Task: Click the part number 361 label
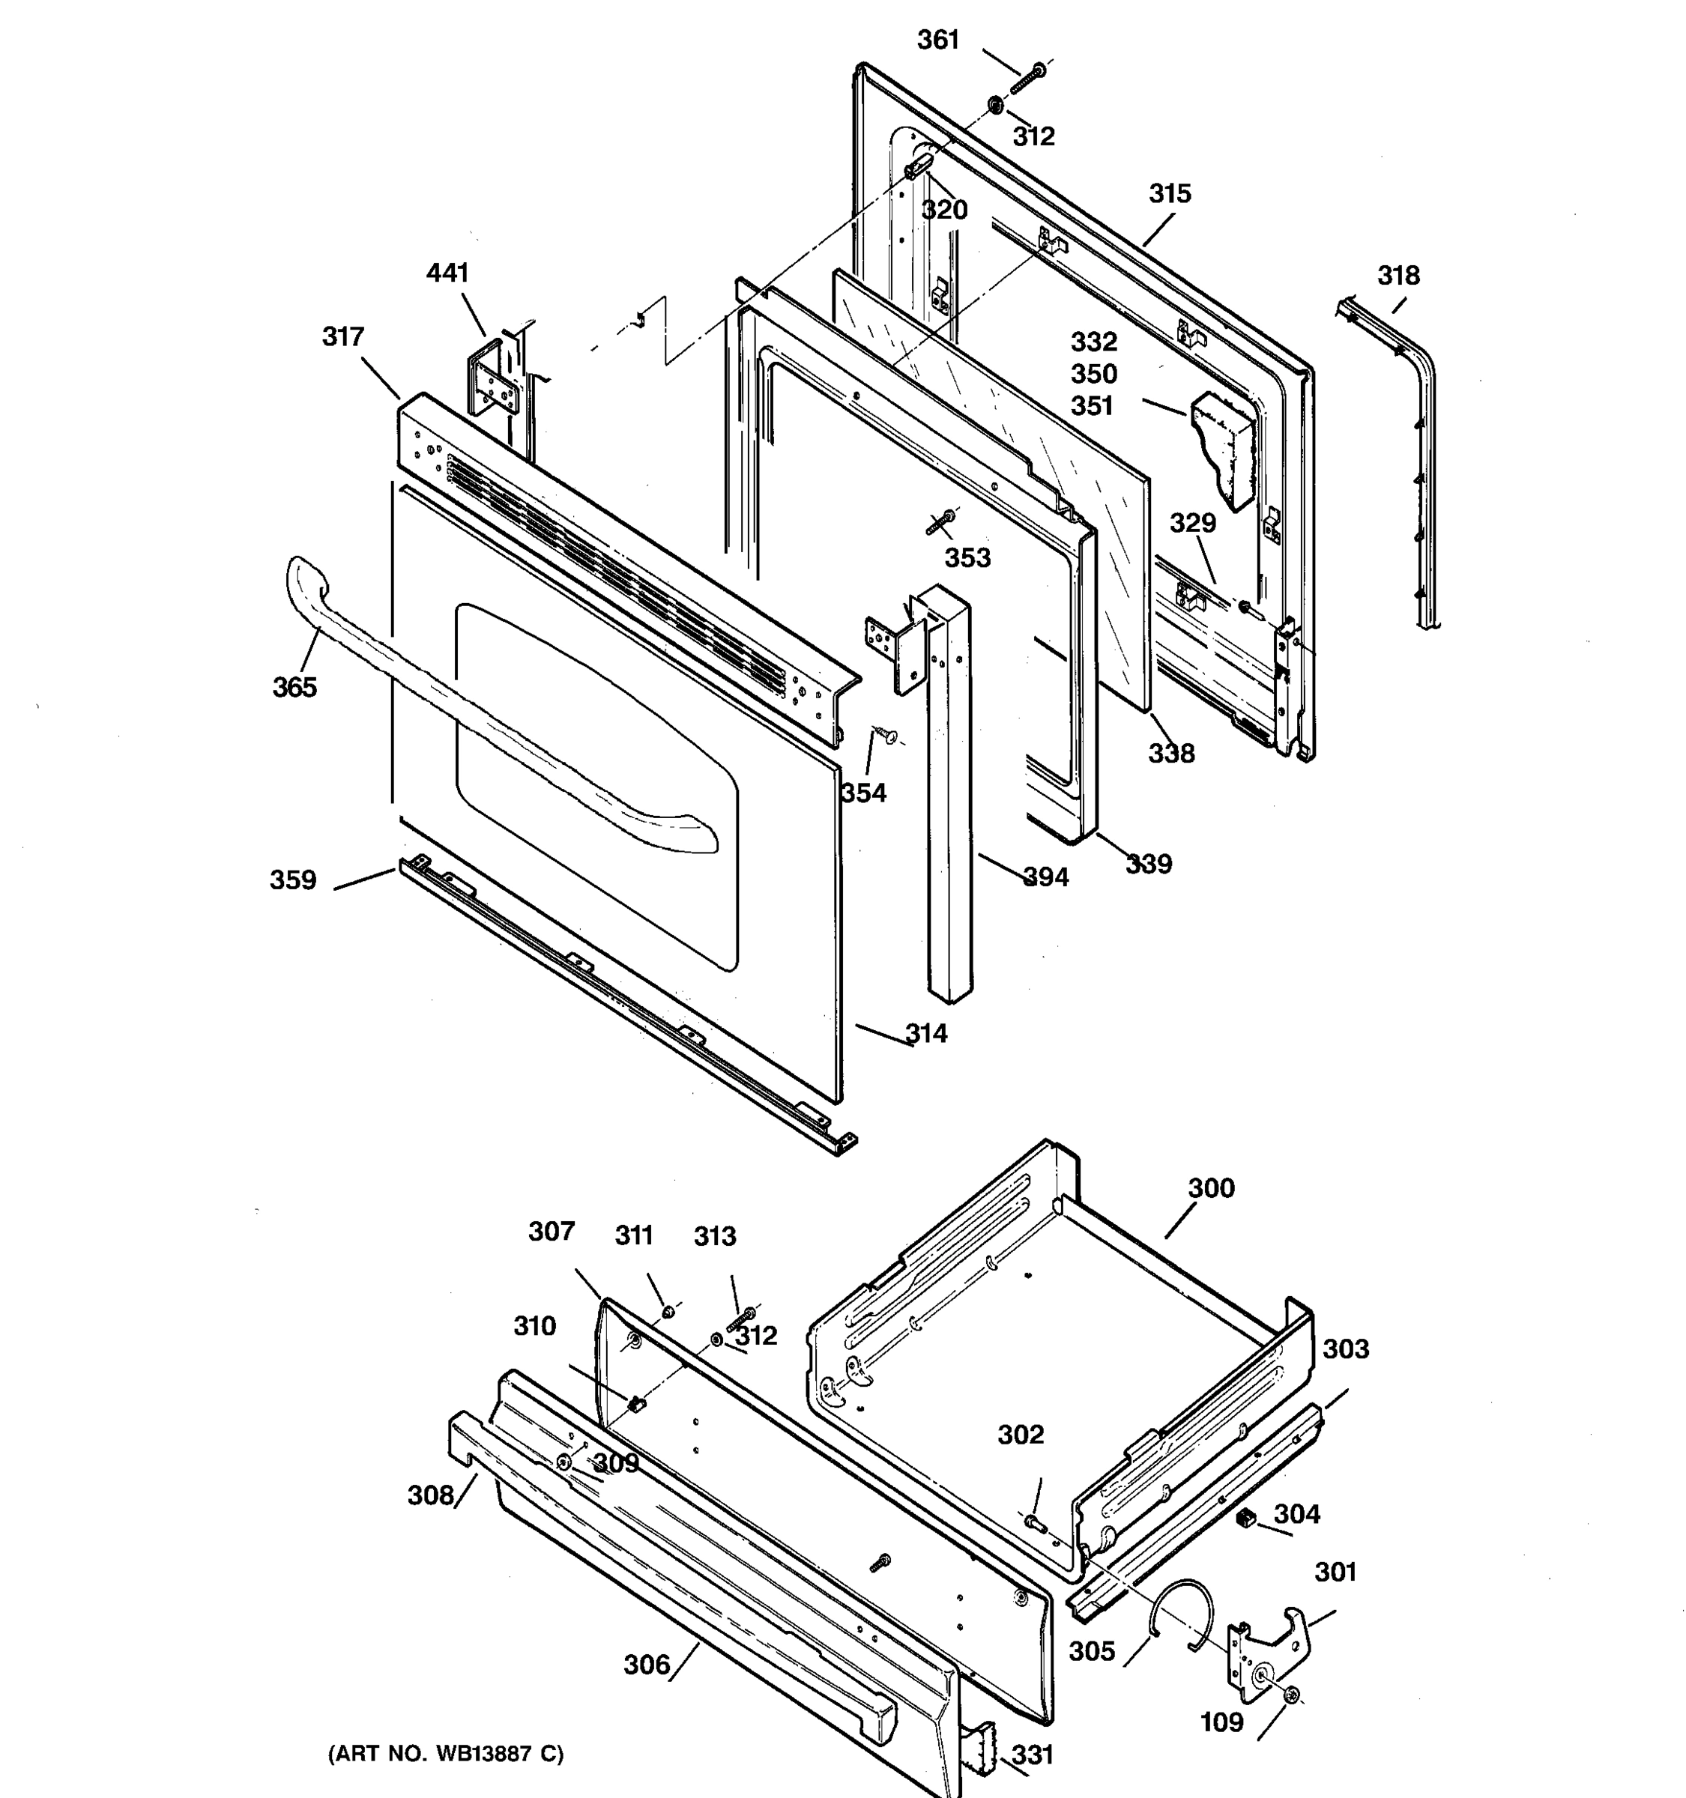(x=937, y=40)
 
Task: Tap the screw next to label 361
(x=1027, y=78)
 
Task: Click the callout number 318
(x=1398, y=275)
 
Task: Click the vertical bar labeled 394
(x=947, y=796)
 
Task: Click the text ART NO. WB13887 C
(x=445, y=1753)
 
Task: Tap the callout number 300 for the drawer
(x=1210, y=1187)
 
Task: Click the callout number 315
(x=1170, y=193)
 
